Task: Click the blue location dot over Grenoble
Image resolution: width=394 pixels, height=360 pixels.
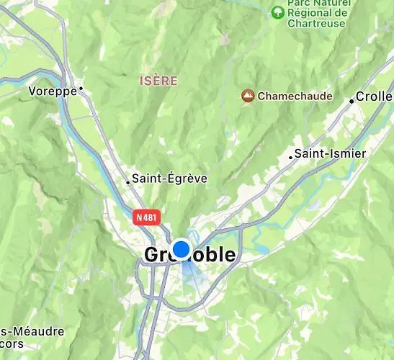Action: click(182, 249)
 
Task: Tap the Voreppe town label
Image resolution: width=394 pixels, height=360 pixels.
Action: click(52, 91)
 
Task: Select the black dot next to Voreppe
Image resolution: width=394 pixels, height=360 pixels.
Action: click(81, 89)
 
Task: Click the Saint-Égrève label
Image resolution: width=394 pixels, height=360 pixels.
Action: click(170, 178)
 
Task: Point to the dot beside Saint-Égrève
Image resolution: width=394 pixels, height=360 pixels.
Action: click(128, 182)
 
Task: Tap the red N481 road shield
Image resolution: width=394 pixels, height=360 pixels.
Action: click(147, 215)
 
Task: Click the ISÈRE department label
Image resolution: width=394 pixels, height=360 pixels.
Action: click(158, 81)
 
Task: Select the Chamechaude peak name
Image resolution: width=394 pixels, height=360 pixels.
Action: click(295, 96)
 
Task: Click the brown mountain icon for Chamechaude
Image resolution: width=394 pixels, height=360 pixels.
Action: click(248, 95)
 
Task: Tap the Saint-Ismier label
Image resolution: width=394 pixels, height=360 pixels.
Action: click(331, 153)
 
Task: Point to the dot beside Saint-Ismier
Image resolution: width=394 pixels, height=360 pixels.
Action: click(291, 157)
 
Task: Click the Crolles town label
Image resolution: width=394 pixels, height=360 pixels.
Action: click(375, 97)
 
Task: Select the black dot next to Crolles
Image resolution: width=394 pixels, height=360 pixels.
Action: click(352, 102)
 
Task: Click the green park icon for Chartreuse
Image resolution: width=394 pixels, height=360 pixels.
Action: click(277, 12)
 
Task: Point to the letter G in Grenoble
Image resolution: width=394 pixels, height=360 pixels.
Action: click(153, 255)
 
